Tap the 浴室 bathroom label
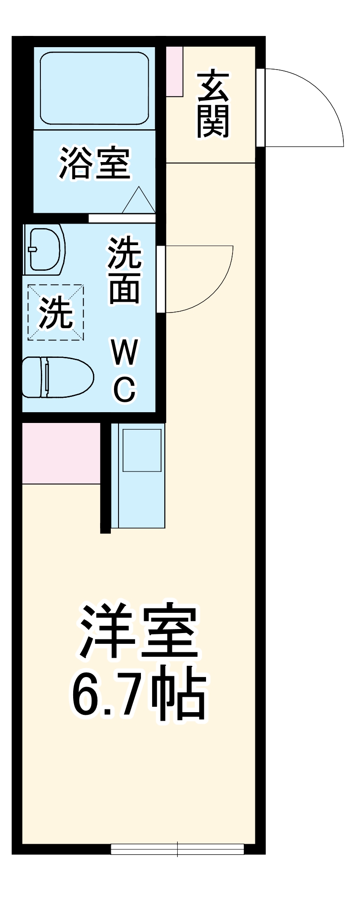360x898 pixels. (95, 163)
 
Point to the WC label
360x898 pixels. (124, 371)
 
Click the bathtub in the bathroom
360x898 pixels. (94, 88)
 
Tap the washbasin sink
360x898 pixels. (45, 251)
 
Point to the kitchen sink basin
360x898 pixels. (142, 450)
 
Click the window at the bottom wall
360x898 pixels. (177, 849)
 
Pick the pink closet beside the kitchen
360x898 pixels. (61, 453)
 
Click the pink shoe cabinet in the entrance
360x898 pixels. (175, 71)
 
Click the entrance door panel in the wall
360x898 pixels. (260, 108)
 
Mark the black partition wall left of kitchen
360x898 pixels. (105, 478)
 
